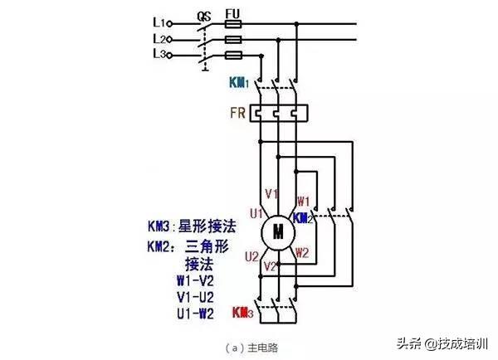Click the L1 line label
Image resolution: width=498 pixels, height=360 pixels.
click(x=162, y=22)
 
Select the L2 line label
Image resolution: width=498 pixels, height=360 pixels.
click(x=162, y=38)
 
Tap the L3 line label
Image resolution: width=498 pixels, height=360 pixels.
click(x=162, y=54)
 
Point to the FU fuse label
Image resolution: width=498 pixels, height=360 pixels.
click(x=234, y=13)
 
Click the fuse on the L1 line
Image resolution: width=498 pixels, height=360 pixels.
click(x=234, y=26)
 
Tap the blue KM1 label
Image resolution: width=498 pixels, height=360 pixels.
click(x=240, y=83)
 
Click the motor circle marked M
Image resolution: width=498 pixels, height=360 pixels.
click(x=278, y=230)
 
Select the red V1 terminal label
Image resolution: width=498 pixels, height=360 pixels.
click(x=271, y=193)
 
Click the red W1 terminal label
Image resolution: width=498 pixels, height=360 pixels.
click(x=303, y=201)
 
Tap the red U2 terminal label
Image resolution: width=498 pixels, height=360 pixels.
click(x=252, y=255)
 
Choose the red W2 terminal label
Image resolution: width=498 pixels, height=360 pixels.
click(x=303, y=252)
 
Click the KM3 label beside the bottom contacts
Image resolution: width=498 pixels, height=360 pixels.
click(x=242, y=312)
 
